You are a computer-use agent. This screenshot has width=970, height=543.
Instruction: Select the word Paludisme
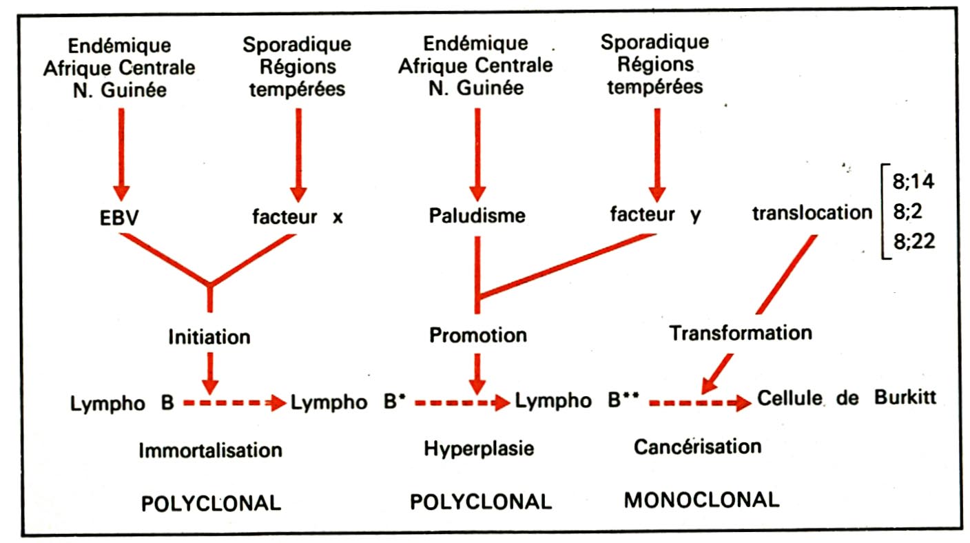pos(475,216)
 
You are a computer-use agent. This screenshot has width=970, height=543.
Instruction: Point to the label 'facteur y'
pos(655,215)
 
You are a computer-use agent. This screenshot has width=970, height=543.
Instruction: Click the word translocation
pos(812,212)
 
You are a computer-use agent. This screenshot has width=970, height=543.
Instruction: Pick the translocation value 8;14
pos(913,183)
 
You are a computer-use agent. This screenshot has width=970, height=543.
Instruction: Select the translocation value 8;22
pos(913,243)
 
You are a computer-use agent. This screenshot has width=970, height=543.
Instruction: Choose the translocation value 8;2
pos(908,213)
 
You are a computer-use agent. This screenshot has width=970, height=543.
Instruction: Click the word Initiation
pos(209,337)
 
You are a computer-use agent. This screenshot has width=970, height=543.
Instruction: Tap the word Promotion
pos(478,336)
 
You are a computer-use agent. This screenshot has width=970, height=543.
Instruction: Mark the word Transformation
pos(741,334)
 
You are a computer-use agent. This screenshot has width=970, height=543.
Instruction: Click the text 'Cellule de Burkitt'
pos(847,398)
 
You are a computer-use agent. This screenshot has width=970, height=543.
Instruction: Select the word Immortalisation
pos(210,451)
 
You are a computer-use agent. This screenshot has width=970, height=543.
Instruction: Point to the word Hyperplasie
pos(479,449)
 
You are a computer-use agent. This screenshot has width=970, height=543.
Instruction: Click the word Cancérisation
pos(697,447)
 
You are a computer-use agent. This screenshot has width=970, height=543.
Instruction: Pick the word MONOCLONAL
pos(701,500)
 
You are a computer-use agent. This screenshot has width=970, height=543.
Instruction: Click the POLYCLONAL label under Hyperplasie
pos(481,502)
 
